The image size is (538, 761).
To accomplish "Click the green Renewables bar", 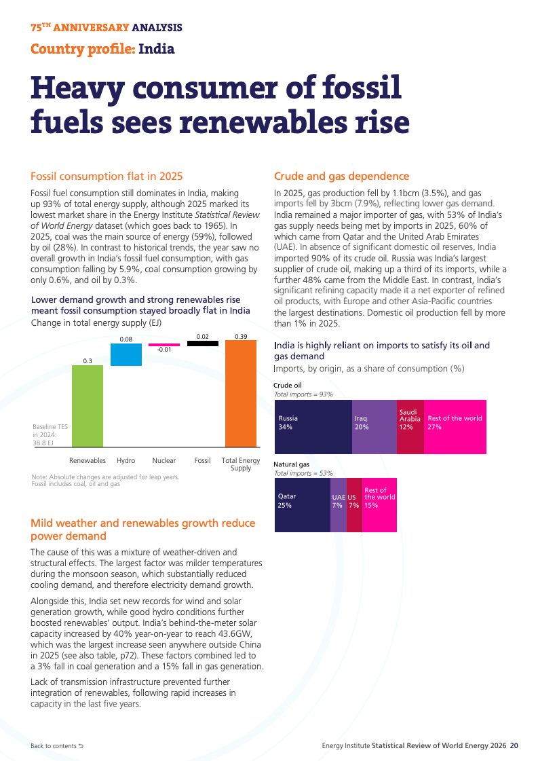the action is (88, 406).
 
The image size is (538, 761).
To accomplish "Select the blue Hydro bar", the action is (126, 354).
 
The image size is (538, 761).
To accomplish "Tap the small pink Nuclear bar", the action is (164, 345).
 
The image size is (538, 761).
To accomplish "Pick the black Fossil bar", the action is (203, 344).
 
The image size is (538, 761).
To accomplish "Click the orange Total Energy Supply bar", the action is (241, 394).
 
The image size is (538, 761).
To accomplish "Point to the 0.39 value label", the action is (241, 336).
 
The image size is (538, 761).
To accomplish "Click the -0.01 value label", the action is (164, 350).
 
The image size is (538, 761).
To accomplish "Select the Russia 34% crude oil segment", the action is (313, 426).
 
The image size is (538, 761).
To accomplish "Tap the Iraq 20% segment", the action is (374, 426).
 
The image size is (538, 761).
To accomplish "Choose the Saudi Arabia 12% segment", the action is (410, 426).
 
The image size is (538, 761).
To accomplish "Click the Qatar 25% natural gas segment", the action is (303, 505).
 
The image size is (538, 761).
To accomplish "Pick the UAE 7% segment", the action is (339, 505).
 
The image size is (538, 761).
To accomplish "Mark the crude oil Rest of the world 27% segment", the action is (455, 426).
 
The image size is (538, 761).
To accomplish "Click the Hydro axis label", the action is (126, 460).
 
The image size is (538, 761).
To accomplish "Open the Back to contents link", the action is (57, 746).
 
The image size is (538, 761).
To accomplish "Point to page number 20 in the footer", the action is (514, 745).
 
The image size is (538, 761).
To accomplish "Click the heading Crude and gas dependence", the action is (341, 177).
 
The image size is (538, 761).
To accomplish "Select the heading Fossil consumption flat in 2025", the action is (107, 177).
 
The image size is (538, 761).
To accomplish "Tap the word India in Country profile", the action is (156, 49).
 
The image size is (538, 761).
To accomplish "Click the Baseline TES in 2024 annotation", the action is (50, 435).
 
